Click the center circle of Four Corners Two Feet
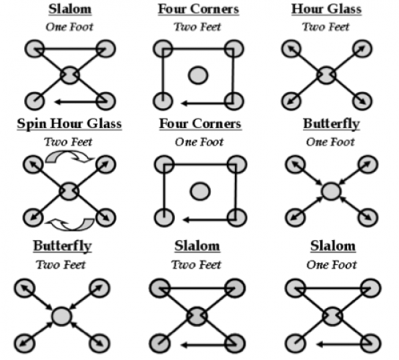pyautogui.click(x=198, y=75)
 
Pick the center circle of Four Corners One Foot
pyautogui.click(x=201, y=191)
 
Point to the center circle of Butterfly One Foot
pyautogui.click(x=331, y=191)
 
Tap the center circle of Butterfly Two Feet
pyautogui.click(x=61, y=316)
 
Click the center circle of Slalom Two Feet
pyautogui.click(x=197, y=316)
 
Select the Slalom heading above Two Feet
pyautogui.click(x=197, y=246)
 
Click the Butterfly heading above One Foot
pyautogui.click(x=332, y=124)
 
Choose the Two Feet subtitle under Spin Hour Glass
pyautogui.click(x=68, y=142)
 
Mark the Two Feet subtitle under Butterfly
pyautogui.click(x=61, y=265)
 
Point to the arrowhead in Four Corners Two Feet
pyautogui.click(x=184, y=103)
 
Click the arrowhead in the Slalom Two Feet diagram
pyautogui.click(x=184, y=345)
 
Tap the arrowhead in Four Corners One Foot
pyautogui.click(x=186, y=220)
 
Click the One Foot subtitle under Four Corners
pyautogui.click(x=199, y=142)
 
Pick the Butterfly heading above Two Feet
pyautogui.click(x=62, y=246)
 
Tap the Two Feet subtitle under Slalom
pyautogui.click(x=196, y=265)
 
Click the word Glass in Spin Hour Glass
pyautogui.click(x=104, y=124)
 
